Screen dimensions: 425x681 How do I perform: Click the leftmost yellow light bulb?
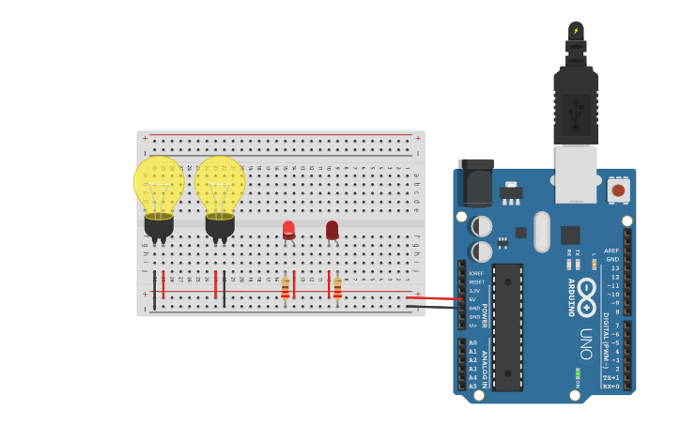159,186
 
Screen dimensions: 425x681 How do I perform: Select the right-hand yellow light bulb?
220,186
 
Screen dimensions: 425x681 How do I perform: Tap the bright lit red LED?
288,228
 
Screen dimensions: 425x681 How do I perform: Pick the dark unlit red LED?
332,229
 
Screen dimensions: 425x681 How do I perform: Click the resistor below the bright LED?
286,288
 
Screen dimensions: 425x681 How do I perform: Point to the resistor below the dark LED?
337,288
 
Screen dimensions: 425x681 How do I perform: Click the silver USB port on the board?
576,174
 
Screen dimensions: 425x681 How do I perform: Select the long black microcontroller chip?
507,326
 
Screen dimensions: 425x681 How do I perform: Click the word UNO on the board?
586,343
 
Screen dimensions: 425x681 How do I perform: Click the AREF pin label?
611,250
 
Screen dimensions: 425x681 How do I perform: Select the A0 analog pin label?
472,342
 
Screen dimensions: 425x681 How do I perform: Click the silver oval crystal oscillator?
542,231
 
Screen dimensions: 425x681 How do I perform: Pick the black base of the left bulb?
159,226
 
